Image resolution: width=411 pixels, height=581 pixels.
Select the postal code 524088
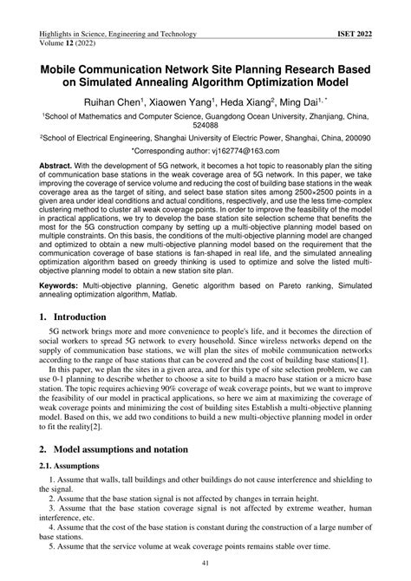pos(205,123)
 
